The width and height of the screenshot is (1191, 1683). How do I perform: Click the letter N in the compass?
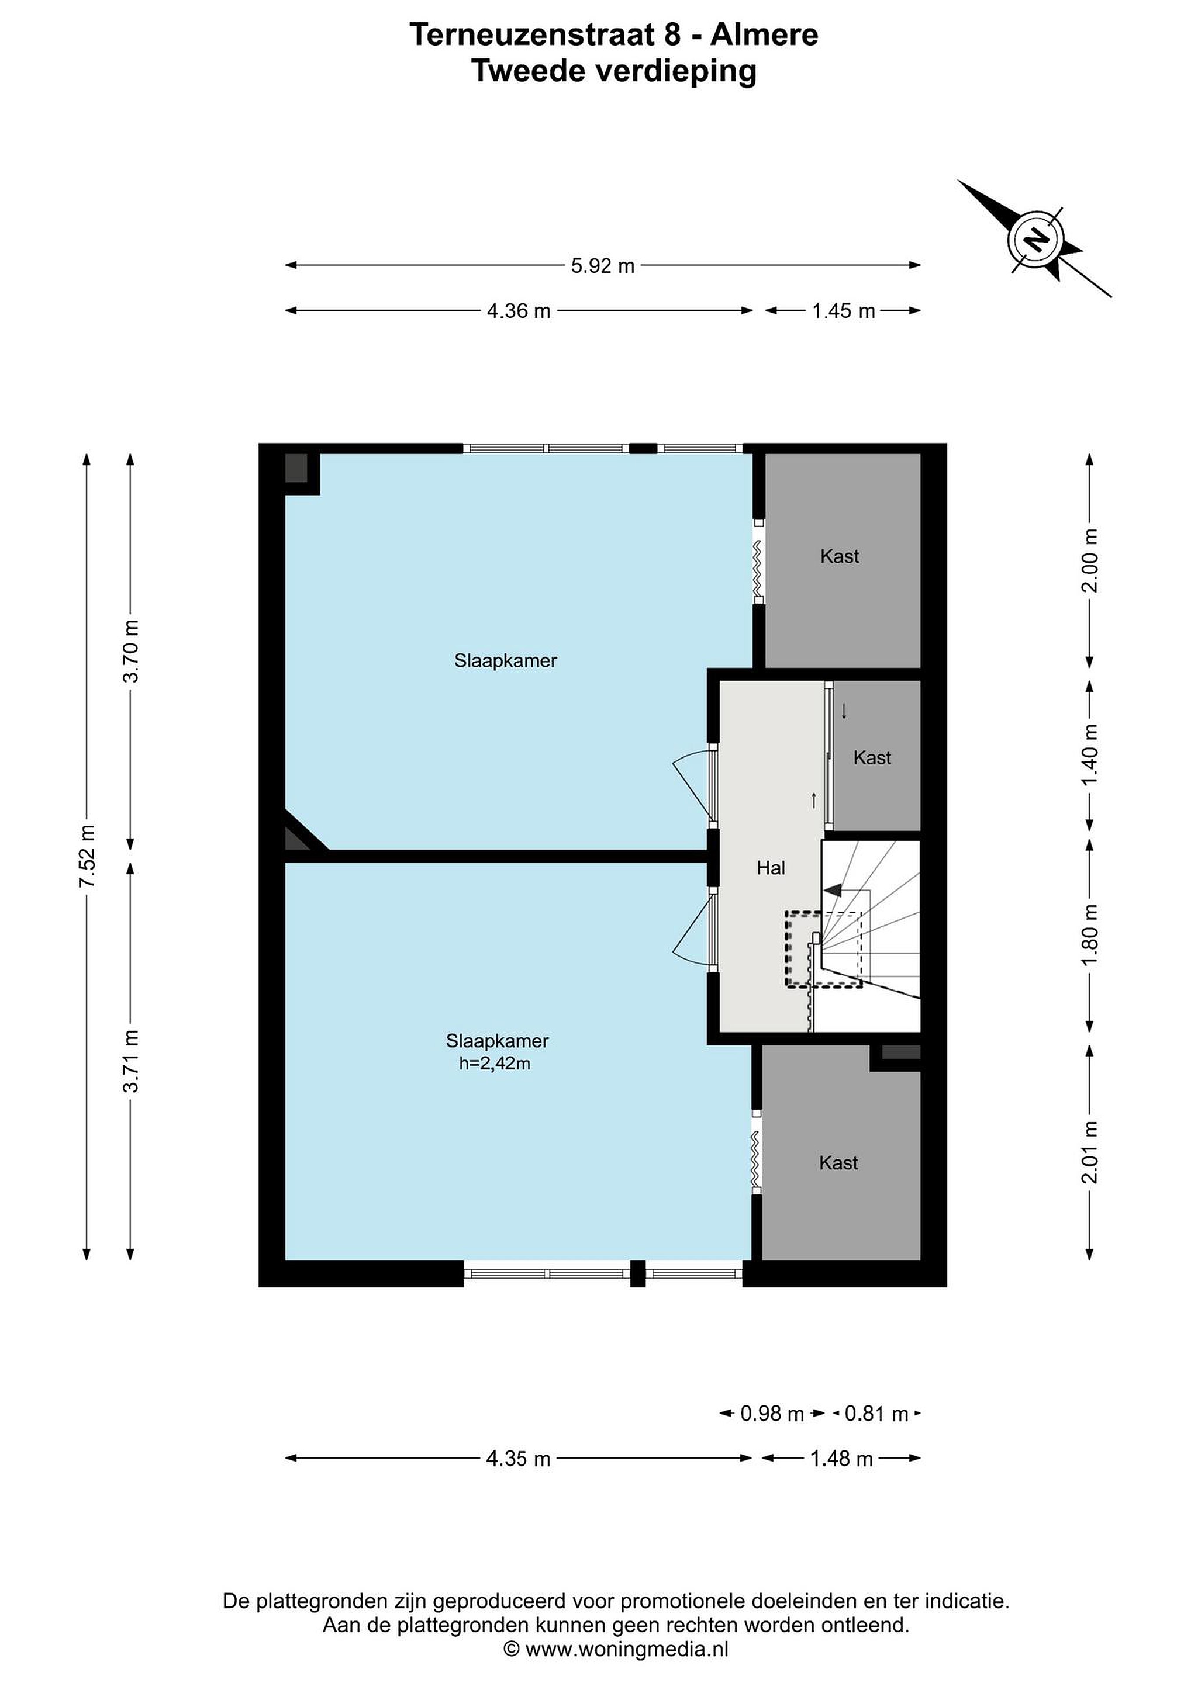pyautogui.click(x=1035, y=239)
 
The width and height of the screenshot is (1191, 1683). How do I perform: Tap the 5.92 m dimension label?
pyautogui.click(x=603, y=265)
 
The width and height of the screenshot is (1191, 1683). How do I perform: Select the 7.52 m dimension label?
pyautogui.click(x=87, y=856)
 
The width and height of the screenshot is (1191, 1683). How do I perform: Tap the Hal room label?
pyautogui.click(x=771, y=868)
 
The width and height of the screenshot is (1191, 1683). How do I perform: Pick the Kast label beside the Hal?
pyautogui.click(x=872, y=757)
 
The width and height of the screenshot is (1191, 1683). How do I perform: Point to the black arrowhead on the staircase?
pyautogui.click(x=833, y=890)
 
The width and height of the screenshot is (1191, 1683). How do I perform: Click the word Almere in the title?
pyautogui.click(x=764, y=34)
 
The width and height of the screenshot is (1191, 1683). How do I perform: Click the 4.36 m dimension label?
pyautogui.click(x=519, y=311)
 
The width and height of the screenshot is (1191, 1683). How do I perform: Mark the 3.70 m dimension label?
pyautogui.click(x=132, y=651)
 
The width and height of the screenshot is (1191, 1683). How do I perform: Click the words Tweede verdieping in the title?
pyautogui.click(x=614, y=72)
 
